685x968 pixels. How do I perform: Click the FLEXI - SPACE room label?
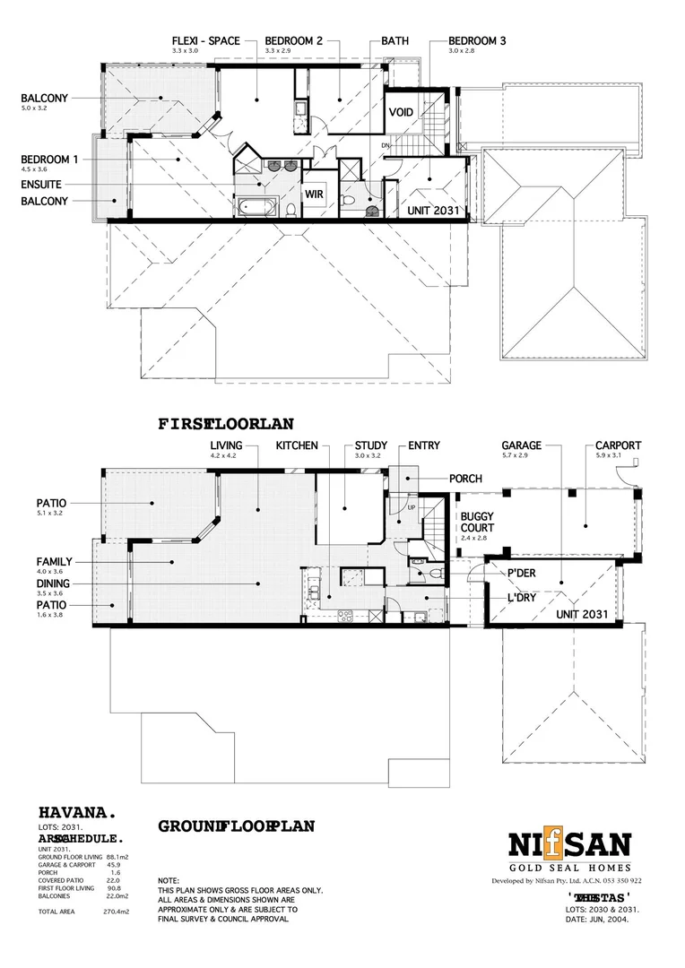pos(204,41)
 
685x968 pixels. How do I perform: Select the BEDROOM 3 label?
pos(477,41)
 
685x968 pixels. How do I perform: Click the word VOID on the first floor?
pos(401,113)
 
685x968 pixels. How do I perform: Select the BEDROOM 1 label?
pos(49,160)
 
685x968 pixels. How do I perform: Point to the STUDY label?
pos(370,445)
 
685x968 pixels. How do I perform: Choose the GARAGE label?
pos(521,445)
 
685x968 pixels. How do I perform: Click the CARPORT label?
pos(618,445)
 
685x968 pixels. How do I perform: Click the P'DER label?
pos(521,575)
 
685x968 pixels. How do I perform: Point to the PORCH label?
pos(465,479)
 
